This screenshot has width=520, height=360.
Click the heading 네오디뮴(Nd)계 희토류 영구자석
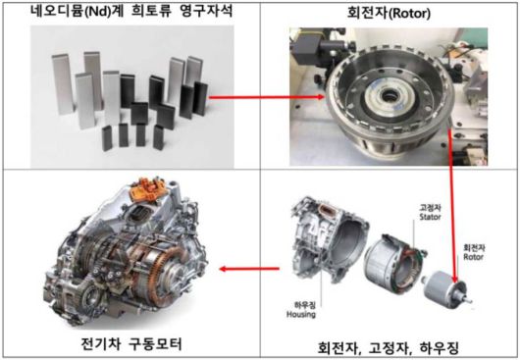pos(131,13)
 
